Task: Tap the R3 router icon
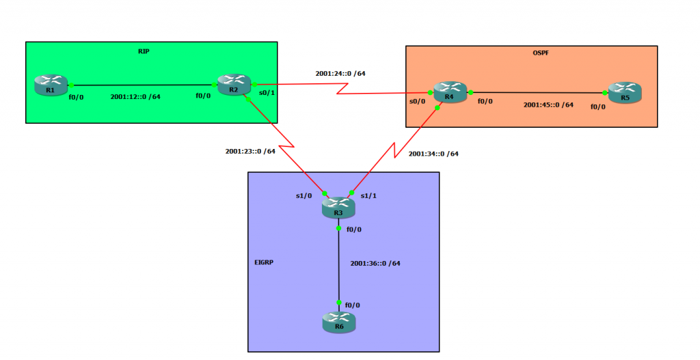pos(338,208)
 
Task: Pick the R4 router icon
pos(449,93)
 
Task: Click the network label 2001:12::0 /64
pos(135,97)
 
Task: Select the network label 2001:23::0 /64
pos(250,151)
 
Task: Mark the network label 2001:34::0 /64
pos(433,154)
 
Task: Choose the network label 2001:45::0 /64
pos(548,105)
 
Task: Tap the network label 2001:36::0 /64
pos(375,263)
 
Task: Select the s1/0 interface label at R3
pos(304,196)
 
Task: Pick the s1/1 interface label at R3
pos(368,196)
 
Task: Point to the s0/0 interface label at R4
pos(417,102)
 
